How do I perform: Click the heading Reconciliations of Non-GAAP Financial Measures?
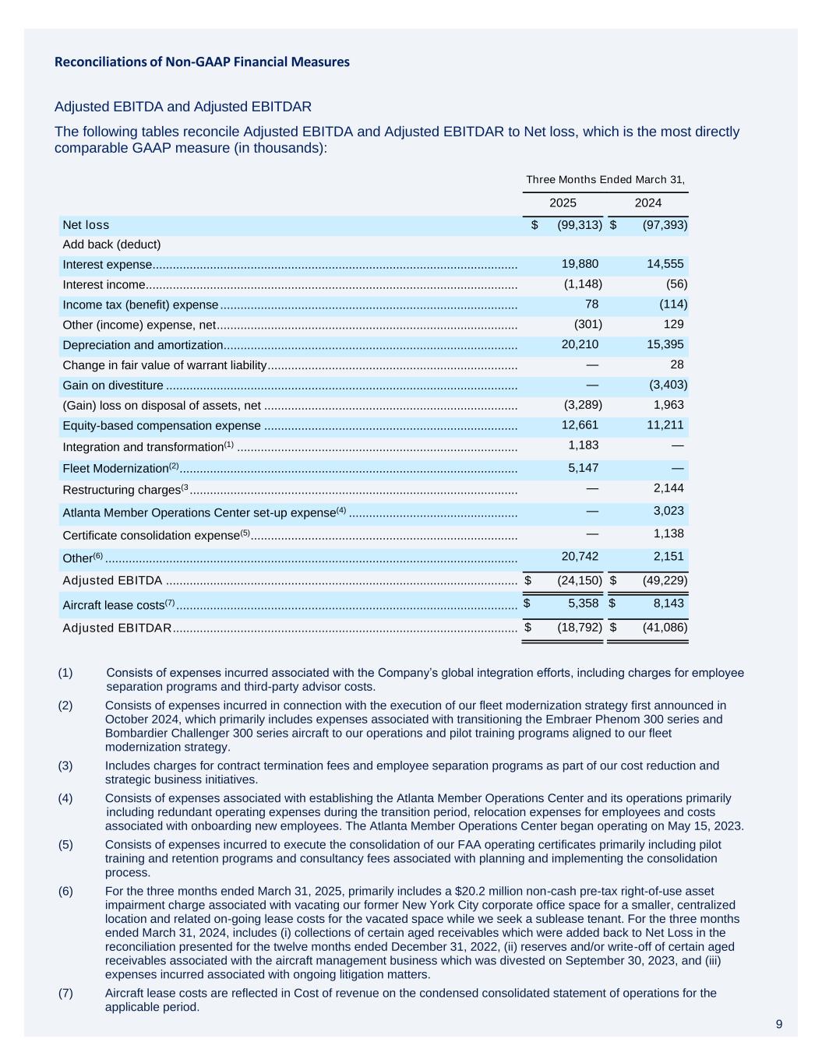(202, 62)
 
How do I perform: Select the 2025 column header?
(563, 202)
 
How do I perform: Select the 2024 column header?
(647, 202)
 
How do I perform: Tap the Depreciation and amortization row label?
(143, 345)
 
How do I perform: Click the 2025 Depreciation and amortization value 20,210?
(580, 344)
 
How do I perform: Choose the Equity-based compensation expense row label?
(161, 425)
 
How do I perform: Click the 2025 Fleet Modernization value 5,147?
(584, 467)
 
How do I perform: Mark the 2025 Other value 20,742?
(580, 556)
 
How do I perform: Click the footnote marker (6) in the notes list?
(65, 891)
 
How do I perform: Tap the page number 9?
(779, 1024)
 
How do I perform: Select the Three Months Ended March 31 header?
(605, 179)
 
